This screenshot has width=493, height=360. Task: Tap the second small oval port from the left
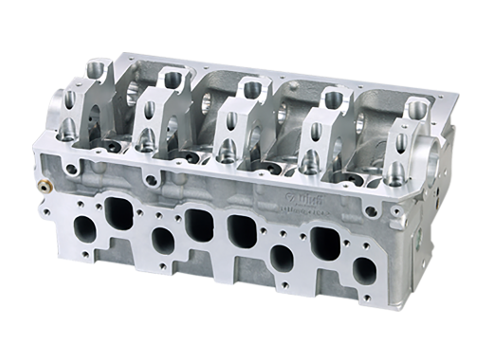[162, 239]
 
